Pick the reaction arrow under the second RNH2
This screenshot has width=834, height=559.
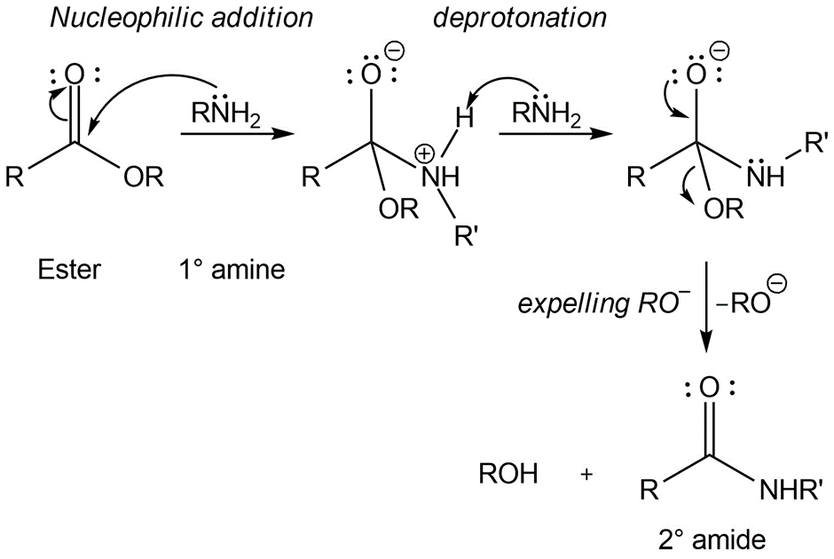click(x=555, y=134)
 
